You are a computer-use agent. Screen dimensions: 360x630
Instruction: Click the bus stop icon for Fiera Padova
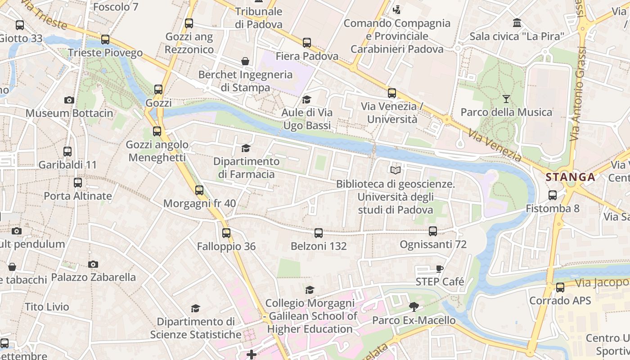pos(307,43)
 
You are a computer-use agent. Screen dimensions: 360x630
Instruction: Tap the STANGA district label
pos(571,177)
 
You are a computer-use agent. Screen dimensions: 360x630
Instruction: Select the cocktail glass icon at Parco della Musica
pos(506,99)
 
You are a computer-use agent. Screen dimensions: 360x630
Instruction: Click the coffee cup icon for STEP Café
pos(440,269)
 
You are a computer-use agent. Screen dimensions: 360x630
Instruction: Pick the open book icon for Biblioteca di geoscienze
pos(396,170)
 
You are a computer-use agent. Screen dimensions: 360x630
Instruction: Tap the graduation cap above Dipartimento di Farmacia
pos(246,148)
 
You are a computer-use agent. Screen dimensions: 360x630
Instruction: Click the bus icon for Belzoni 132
pos(319,233)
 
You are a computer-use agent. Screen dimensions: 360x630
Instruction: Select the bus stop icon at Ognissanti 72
pos(433,231)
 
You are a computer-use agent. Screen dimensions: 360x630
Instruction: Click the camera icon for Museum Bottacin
pos(69,100)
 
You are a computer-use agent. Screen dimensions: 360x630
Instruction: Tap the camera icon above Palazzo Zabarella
pos(93,264)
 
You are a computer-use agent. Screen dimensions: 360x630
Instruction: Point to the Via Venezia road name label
pos(494,146)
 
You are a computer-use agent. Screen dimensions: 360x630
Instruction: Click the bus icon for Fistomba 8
pos(553,195)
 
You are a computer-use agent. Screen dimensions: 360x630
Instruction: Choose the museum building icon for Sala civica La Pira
pos(517,22)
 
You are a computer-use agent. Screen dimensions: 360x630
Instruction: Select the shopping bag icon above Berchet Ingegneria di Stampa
pos(245,61)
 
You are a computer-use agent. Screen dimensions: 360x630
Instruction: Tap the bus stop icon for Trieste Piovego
pos(105,40)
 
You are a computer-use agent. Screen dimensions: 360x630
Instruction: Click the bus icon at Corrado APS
pos(560,288)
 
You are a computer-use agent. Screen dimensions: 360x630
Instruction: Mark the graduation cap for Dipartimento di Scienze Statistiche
pos(195,308)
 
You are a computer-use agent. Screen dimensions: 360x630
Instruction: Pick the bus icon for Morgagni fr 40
pos(199,190)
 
